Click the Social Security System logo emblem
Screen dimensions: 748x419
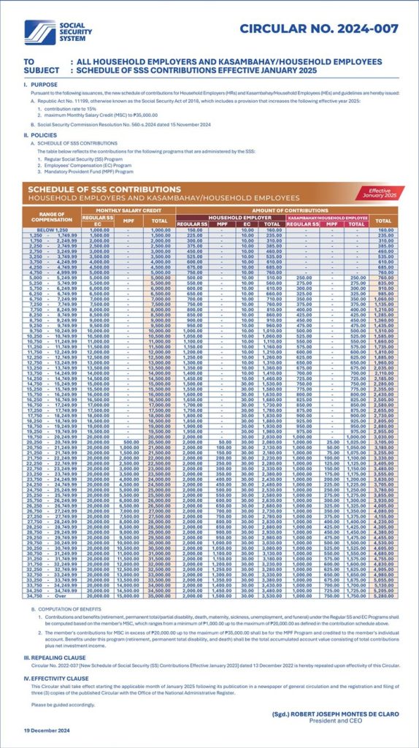click(39, 31)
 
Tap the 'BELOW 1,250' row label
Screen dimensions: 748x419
click(48, 230)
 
